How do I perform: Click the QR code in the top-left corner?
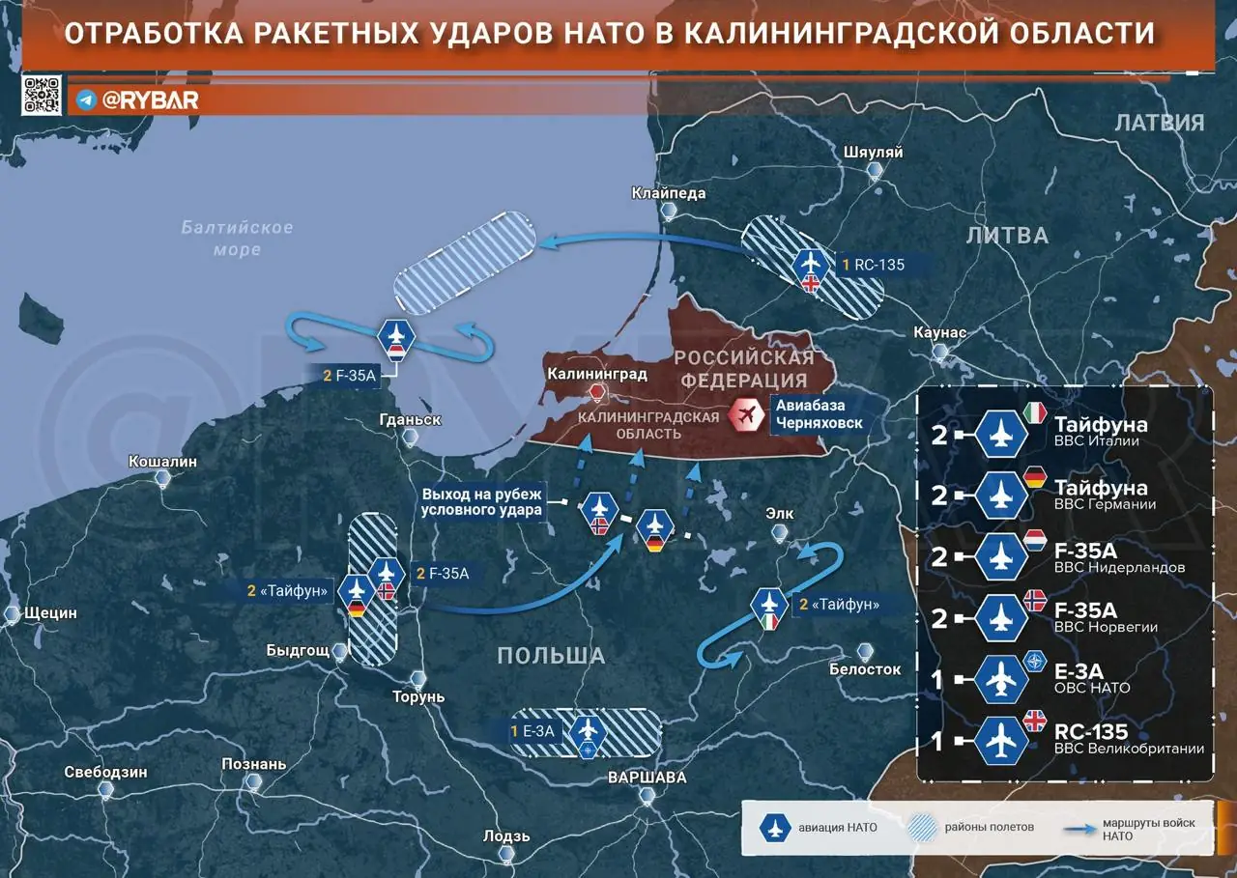click(42, 96)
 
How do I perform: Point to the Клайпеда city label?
click(669, 193)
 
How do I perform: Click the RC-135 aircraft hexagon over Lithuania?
click(810, 262)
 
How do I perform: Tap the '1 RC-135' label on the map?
click(873, 264)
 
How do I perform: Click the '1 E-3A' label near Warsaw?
click(533, 731)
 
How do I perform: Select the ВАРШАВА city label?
click(647, 778)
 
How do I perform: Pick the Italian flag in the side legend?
click(1035, 413)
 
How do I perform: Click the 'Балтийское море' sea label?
click(237, 239)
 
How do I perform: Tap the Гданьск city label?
click(412, 420)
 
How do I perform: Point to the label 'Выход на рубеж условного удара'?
click(483, 502)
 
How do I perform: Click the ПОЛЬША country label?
click(551, 656)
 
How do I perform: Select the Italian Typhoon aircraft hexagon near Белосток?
click(770, 604)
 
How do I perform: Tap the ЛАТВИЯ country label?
click(1160, 123)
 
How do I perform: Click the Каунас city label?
click(939, 333)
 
